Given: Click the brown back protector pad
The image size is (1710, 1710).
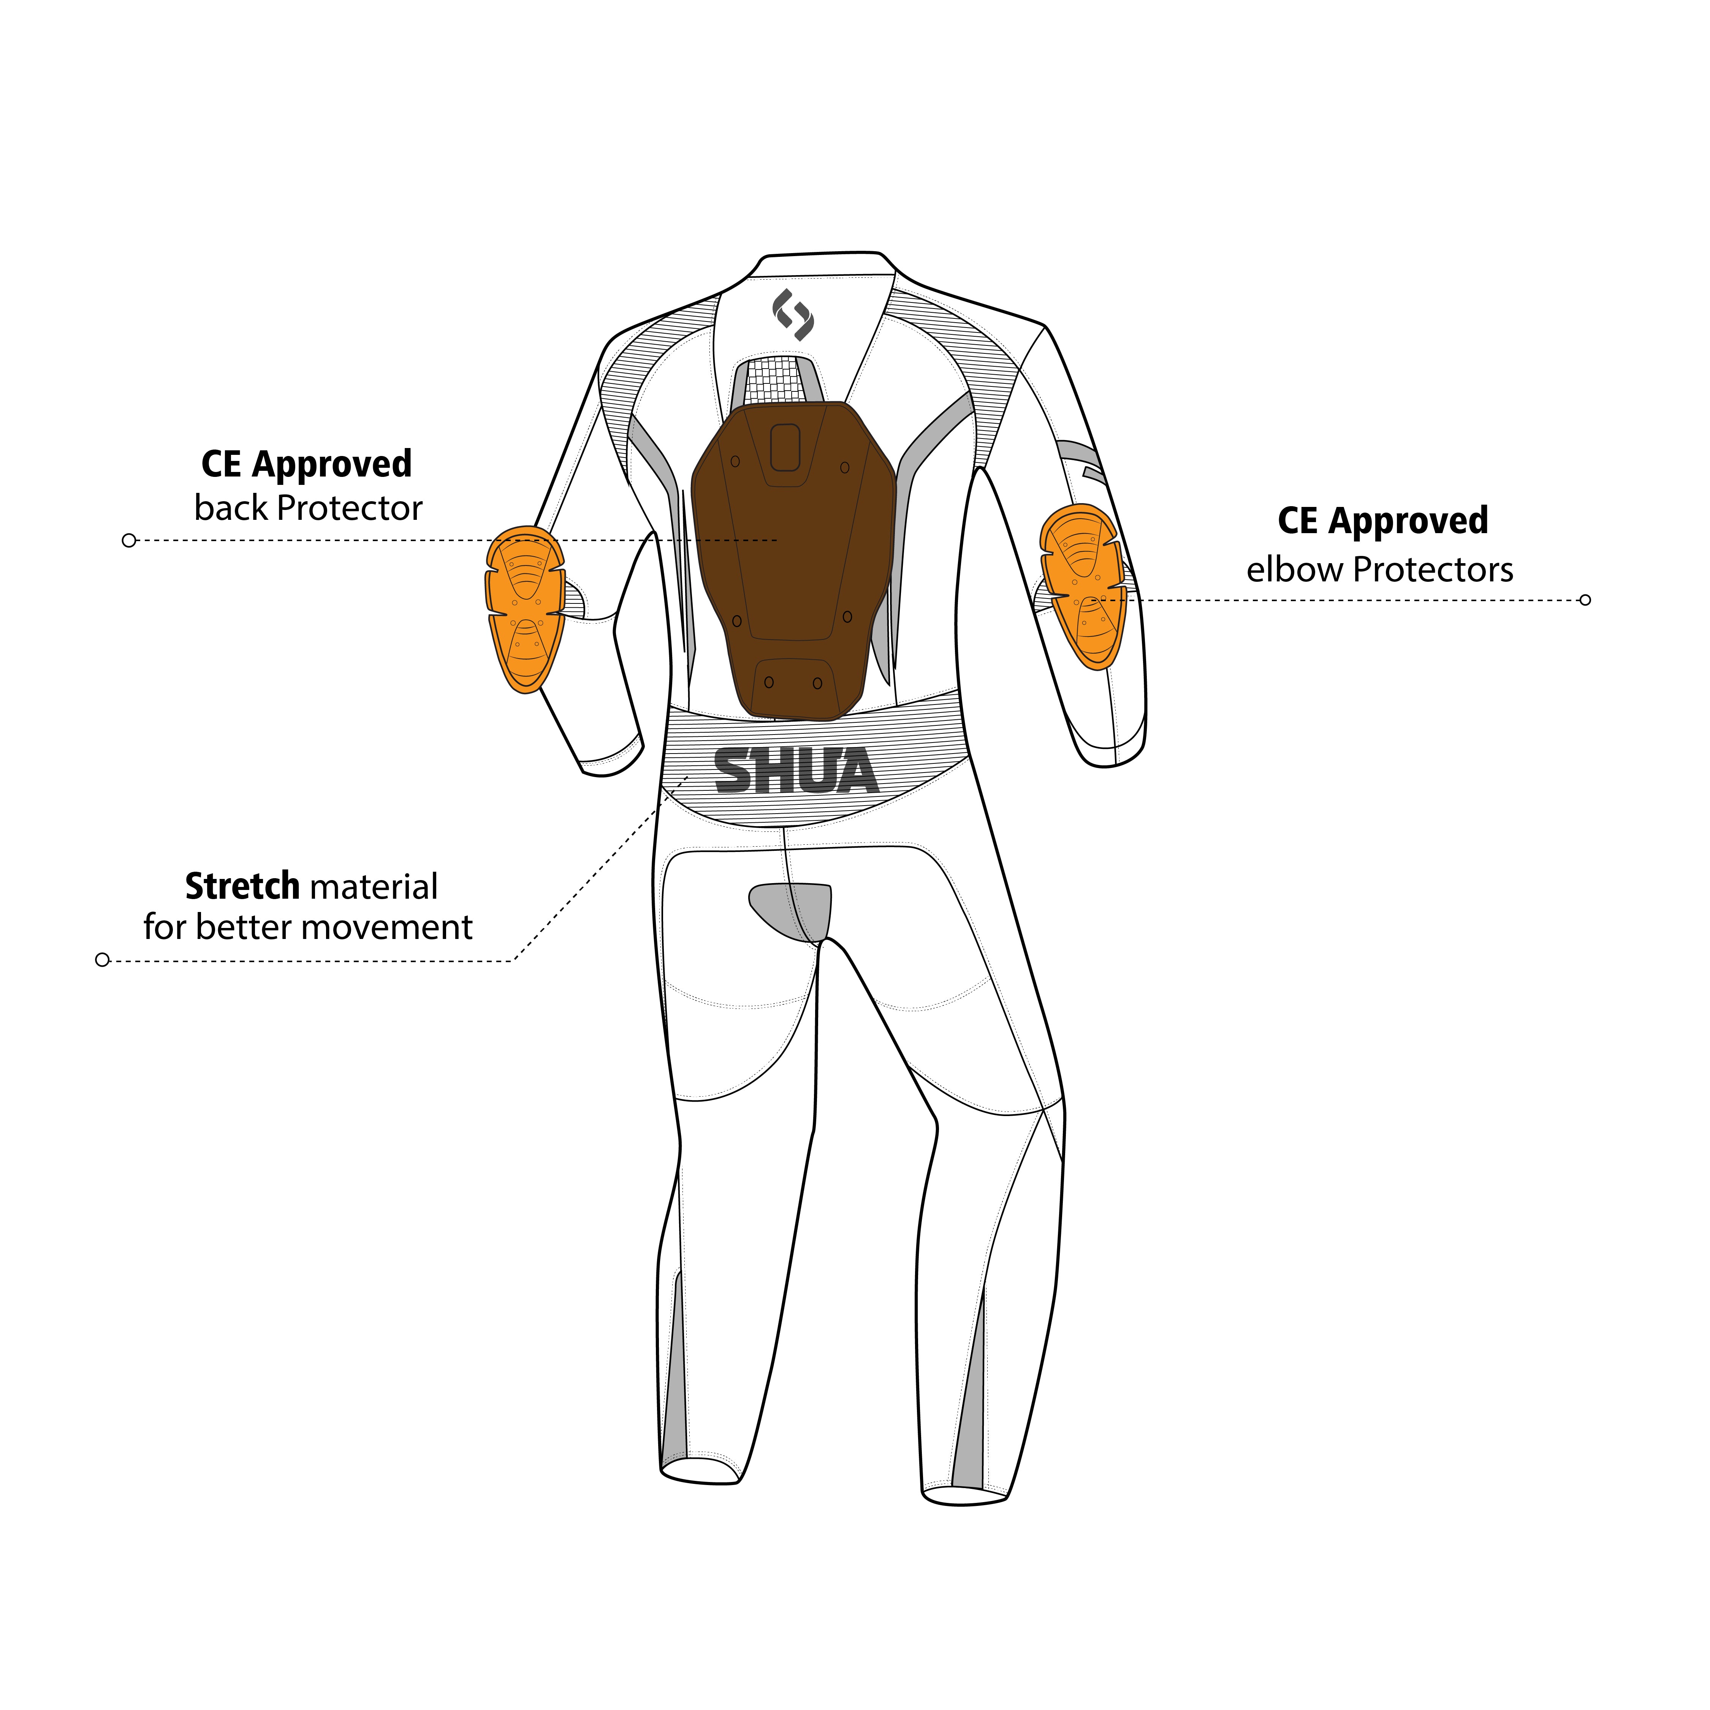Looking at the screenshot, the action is tap(793, 560).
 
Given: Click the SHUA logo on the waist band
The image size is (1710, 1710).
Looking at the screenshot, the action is tap(796, 771).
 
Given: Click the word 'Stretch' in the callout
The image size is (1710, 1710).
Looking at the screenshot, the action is tap(242, 886).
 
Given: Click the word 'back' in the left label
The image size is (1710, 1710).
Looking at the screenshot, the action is tap(231, 508).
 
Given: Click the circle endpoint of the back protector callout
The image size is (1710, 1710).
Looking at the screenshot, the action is tap(129, 540).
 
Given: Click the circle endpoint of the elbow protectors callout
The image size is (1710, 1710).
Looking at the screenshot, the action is tap(1585, 600).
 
